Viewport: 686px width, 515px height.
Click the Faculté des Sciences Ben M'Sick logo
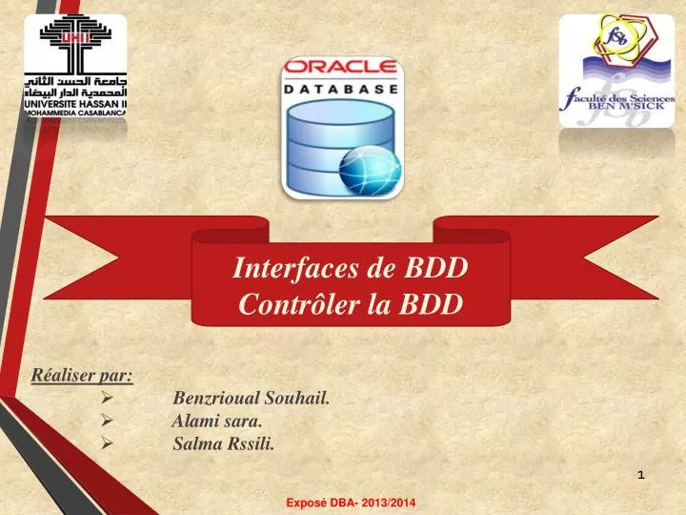616,71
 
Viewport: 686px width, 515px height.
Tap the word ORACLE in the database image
342,68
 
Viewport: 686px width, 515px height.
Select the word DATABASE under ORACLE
342,88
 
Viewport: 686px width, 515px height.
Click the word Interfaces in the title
298,268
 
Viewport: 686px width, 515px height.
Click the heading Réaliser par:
82,374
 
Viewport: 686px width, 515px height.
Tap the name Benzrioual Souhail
252,398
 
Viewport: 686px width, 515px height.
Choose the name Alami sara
218,420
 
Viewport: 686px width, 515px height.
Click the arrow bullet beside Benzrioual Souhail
108,398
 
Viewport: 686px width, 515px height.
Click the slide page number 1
640,474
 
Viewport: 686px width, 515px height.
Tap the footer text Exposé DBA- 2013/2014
351,502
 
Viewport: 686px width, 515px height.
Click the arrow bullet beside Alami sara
108,420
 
